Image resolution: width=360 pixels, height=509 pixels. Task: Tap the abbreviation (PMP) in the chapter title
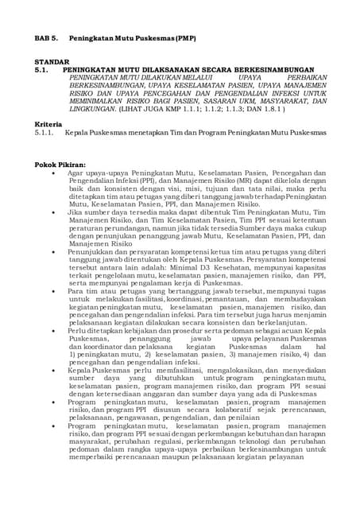(182, 38)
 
